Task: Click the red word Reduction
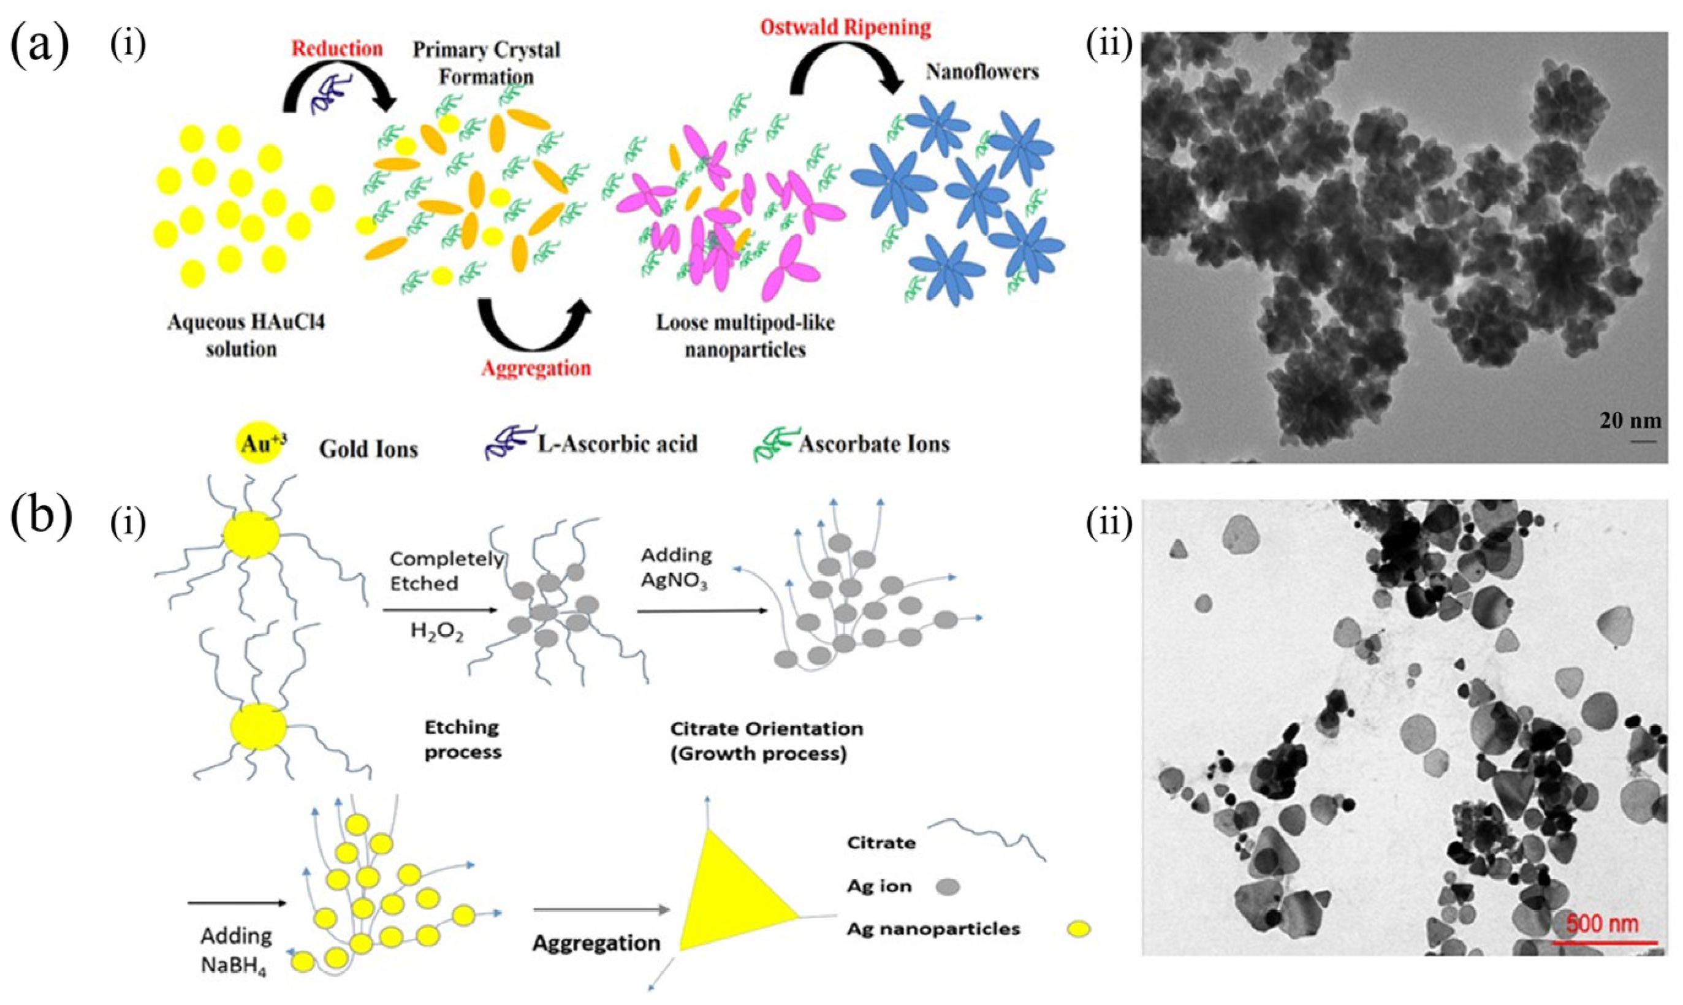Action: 336,49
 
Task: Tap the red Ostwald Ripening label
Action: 845,28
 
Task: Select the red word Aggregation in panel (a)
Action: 536,368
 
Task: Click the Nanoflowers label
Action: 982,71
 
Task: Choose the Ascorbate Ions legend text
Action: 873,444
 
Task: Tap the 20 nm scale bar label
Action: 1630,420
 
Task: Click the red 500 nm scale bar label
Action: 1603,923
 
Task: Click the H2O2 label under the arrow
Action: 437,632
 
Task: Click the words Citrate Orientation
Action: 767,729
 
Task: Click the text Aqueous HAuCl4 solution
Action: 245,336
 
